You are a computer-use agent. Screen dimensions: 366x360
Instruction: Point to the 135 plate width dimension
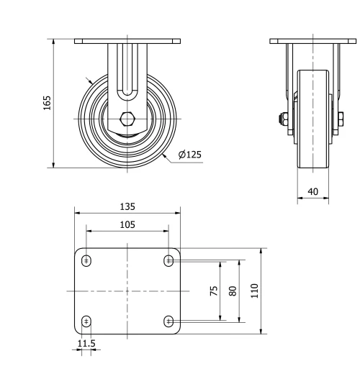click(x=127, y=206)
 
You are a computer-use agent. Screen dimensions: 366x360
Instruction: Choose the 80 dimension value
click(x=233, y=290)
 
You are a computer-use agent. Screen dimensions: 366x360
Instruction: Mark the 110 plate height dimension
click(x=254, y=290)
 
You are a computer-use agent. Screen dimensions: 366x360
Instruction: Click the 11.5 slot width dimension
click(x=86, y=343)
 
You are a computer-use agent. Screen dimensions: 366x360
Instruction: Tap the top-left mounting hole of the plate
click(x=86, y=260)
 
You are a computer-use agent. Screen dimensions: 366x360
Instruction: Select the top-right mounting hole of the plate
click(x=168, y=260)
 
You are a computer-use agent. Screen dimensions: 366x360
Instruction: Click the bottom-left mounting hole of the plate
click(x=86, y=321)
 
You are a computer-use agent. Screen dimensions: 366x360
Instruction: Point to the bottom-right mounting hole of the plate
click(x=168, y=321)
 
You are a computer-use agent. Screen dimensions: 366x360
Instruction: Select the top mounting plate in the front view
click(x=127, y=41)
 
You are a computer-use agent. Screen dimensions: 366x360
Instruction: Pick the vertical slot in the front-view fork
click(x=127, y=72)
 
